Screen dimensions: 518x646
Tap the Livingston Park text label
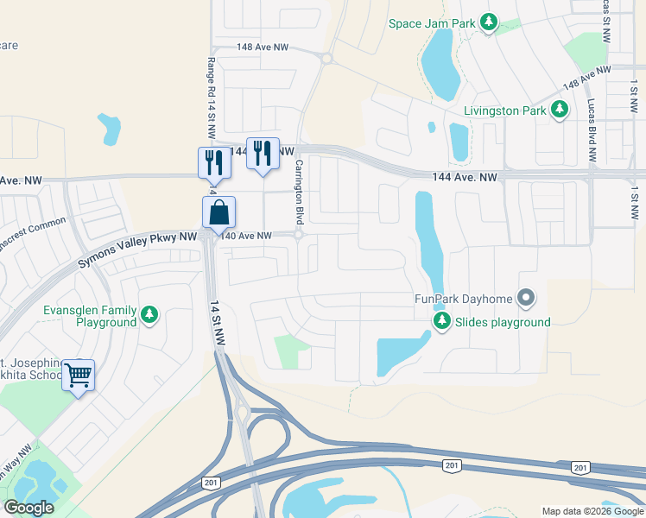point(504,111)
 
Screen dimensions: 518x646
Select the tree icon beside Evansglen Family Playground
point(150,315)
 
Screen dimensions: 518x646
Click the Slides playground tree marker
point(442,322)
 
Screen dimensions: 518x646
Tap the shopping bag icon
point(218,212)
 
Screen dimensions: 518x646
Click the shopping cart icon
point(79,375)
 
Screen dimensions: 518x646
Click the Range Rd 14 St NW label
point(210,97)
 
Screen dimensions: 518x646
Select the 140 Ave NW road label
point(246,236)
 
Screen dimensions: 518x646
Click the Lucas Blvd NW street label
point(592,130)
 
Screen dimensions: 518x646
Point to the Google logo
point(28,508)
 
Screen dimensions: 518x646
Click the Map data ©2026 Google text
point(592,511)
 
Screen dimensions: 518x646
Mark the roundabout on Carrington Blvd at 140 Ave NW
point(298,235)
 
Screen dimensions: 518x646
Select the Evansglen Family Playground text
point(91,316)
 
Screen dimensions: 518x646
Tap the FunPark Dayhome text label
point(463,300)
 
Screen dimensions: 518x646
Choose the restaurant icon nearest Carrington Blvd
point(263,153)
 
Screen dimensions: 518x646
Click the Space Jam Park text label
point(432,23)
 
